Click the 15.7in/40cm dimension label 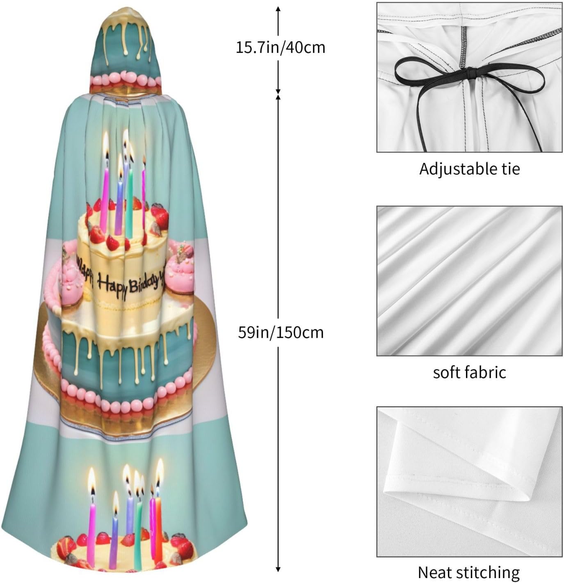(280, 48)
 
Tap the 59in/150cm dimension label (281, 332)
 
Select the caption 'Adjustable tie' (469, 169)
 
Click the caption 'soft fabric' (469, 372)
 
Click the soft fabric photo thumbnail (469, 281)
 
